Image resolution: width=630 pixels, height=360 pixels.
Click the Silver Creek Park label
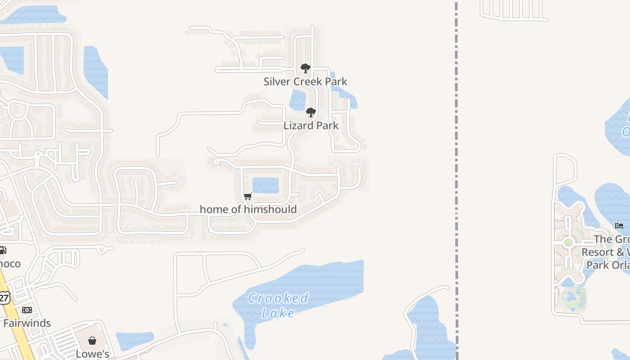[x=305, y=81]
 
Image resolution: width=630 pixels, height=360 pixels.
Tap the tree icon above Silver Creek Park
[x=306, y=68]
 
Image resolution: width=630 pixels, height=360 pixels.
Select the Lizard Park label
[x=310, y=126]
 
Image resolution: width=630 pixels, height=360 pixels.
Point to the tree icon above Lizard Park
[x=310, y=112]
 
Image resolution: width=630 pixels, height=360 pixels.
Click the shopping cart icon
[x=247, y=196]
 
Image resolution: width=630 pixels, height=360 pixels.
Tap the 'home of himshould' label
[x=248, y=209]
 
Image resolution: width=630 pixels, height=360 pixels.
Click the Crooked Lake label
[x=278, y=305]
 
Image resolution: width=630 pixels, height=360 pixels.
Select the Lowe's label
[x=92, y=354]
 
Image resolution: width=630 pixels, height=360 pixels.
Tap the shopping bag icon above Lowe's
[x=92, y=341]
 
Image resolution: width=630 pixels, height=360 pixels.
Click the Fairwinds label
[x=27, y=323]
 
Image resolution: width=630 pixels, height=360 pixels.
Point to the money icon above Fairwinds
[x=27, y=310]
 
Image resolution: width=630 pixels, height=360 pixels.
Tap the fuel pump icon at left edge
[x=2, y=250]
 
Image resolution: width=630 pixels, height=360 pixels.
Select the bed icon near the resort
[x=619, y=226]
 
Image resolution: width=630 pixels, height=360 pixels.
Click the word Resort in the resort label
[x=598, y=252]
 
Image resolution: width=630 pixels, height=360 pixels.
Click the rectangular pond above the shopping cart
[x=265, y=185]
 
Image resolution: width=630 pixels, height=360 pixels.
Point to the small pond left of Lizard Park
[x=297, y=99]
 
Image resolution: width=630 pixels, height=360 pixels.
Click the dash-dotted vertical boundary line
[x=456, y=180]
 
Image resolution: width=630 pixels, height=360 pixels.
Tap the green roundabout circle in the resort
[x=568, y=243]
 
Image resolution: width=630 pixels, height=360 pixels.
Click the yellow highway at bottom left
[x=18, y=328]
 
